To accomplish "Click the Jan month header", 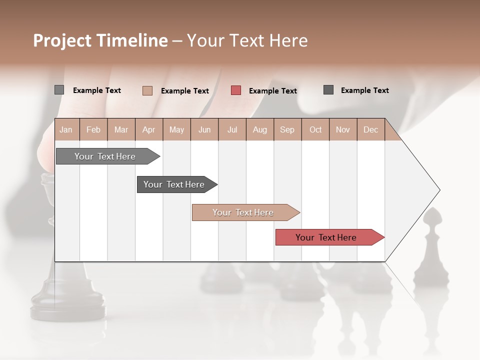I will coord(66,130).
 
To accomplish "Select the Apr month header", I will coord(148,130).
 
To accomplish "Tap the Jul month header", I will coord(232,130).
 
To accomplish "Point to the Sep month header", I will coord(287,130).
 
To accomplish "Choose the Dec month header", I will coord(370,130).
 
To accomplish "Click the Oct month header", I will coord(315,130).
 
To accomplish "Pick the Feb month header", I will coord(93,130).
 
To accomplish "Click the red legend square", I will coord(236,90).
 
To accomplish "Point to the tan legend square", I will coord(147,90).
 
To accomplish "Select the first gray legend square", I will coord(59,90).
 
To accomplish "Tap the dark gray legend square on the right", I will coord(328,90).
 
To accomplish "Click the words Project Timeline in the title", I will coord(100,40).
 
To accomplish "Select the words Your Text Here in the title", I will coord(247,40).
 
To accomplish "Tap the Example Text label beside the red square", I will coord(273,91).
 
